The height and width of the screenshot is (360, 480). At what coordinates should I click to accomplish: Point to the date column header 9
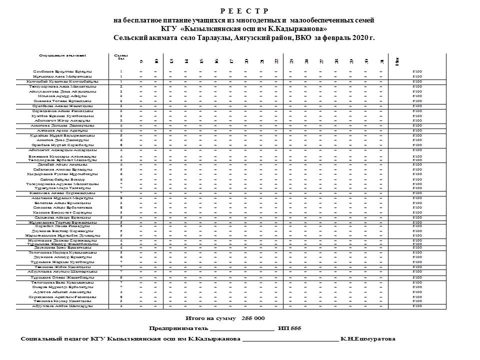[141, 61]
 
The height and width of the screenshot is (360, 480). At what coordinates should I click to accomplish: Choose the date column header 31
[381, 61]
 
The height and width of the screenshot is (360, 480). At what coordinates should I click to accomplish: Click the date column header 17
[231, 61]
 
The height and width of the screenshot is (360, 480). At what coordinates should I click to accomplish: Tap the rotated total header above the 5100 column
[396, 61]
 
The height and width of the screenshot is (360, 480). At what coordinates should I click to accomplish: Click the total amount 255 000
[253, 318]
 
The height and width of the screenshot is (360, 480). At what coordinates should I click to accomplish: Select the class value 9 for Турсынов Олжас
[121, 277]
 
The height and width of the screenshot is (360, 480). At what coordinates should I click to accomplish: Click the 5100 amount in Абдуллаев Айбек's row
[417, 306]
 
